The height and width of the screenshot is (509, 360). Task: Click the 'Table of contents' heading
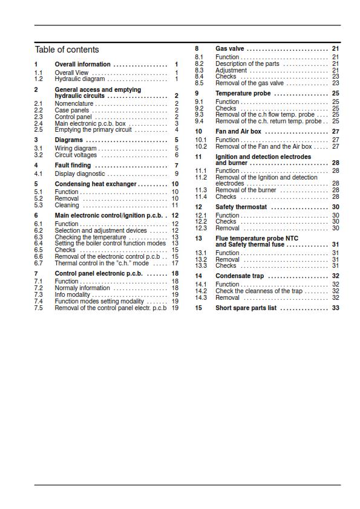67,50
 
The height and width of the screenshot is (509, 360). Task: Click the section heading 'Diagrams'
69,140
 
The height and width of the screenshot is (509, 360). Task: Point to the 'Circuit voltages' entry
76,155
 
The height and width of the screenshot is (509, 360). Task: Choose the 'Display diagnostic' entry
80,174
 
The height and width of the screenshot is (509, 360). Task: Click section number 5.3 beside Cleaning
39,206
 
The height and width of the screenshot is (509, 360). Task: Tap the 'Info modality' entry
73,295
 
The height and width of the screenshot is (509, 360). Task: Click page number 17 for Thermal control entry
175,263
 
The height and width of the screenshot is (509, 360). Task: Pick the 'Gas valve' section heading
230,48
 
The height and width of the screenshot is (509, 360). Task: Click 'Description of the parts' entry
247,63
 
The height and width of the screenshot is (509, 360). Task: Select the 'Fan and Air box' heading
238,131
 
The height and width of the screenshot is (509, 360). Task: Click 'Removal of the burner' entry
246,190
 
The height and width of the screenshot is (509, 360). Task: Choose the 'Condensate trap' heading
240,276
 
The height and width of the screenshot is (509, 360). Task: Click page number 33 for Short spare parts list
335,308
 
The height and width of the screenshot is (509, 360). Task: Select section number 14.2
201,291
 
